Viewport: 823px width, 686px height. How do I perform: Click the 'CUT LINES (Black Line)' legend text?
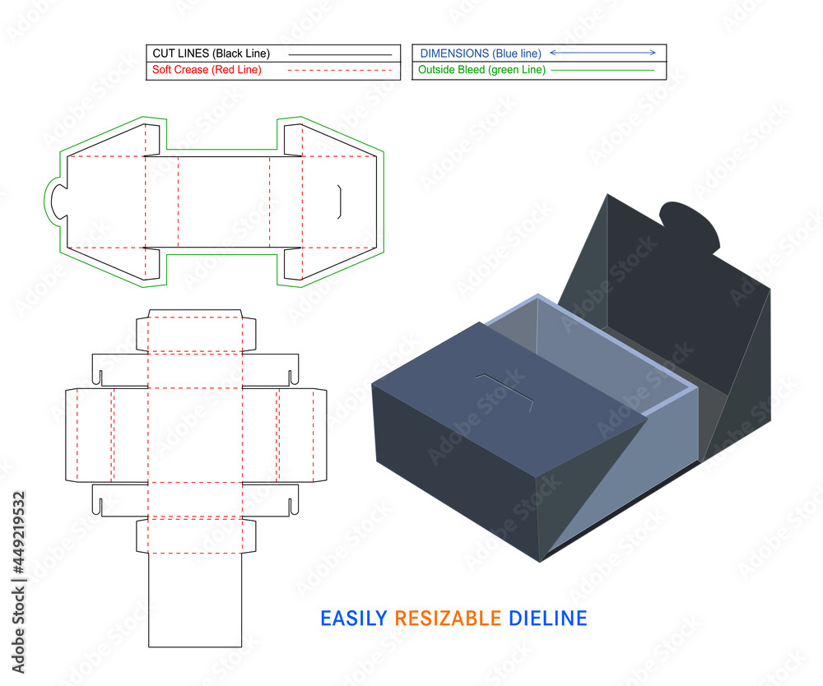click(211, 53)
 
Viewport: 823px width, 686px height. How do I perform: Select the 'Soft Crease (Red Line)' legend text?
click(207, 70)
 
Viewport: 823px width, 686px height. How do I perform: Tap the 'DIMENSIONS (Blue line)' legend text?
click(479, 53)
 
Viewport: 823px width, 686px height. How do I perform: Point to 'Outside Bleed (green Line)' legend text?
click(481, 70)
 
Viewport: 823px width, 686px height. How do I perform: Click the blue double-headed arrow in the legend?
click(602, 53)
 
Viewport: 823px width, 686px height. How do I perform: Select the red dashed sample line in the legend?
click(340, 71)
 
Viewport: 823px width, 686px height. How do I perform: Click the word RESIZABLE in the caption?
click(448, 618)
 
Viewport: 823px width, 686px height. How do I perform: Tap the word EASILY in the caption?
click(353, 618)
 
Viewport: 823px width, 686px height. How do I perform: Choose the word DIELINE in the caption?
click(547, 618)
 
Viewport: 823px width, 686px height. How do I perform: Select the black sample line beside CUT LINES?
click(340, 54)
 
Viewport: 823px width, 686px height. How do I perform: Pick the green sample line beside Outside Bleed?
click(602, 71)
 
